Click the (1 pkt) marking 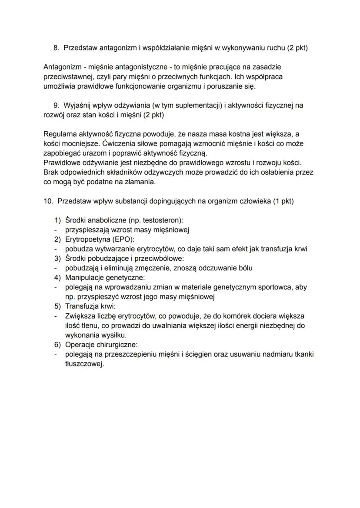point(281,201)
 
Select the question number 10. point(48,201)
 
